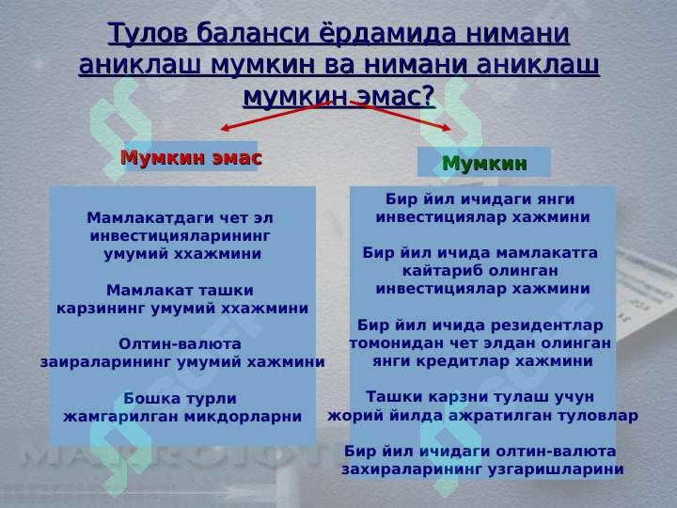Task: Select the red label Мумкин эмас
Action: (191, 158)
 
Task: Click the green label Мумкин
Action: (484, 164)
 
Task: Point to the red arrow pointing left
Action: (276, 115)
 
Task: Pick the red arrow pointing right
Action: (401, 115)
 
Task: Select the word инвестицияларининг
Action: (181, 236)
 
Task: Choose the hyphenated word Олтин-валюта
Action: (180, 344)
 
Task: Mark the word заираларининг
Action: (106, 362)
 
